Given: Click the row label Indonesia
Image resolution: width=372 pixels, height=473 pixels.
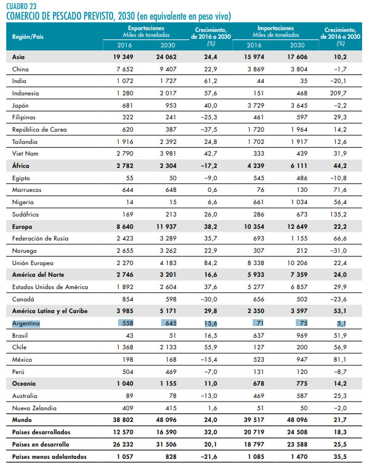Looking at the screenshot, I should coord(25,93).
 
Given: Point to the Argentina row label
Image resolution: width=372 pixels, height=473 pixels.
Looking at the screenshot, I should coord(26,323).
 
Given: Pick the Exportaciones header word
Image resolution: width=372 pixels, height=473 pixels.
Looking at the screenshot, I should coord(146,28).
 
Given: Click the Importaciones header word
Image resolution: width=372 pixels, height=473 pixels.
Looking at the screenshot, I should coord(276,28).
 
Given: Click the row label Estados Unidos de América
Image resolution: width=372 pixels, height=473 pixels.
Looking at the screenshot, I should coord(50,287).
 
